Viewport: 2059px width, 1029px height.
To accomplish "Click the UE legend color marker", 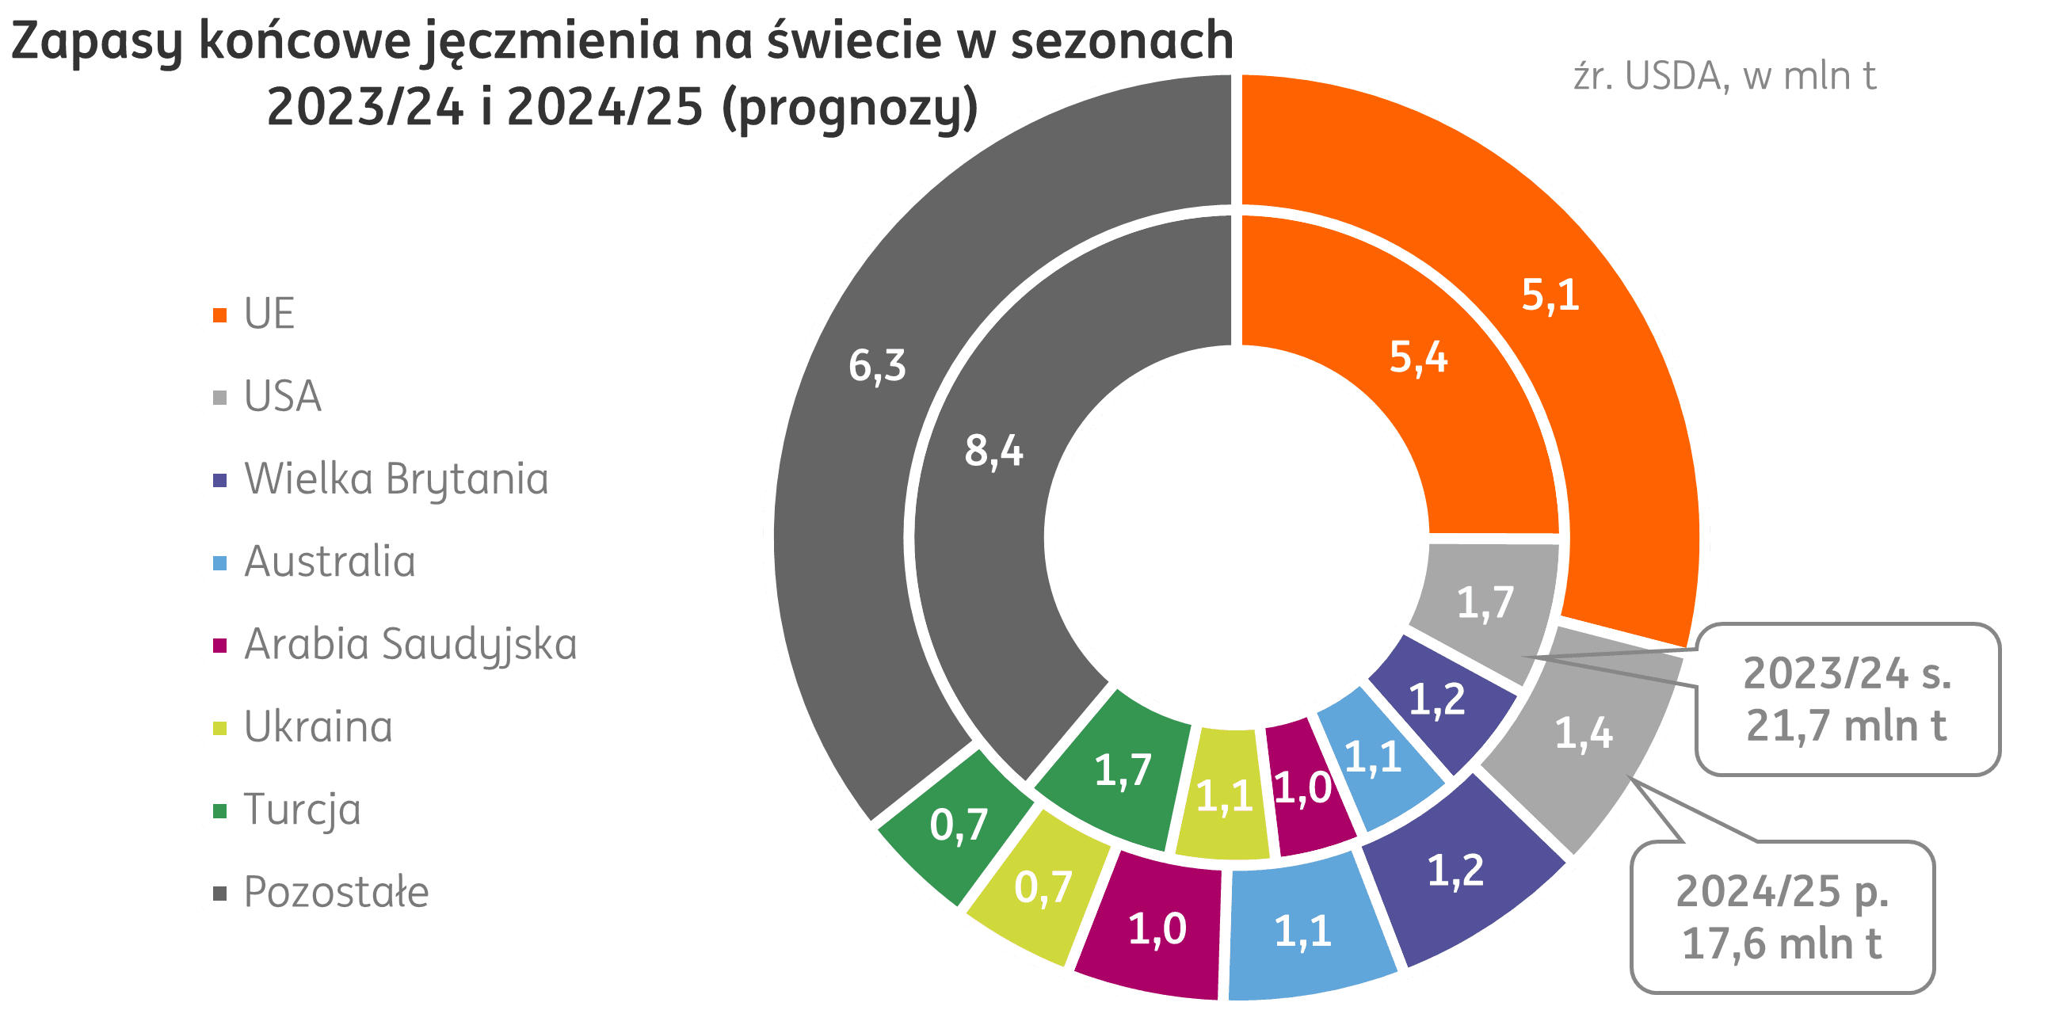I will (219, 314).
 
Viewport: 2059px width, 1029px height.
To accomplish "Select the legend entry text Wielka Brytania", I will (396, 479).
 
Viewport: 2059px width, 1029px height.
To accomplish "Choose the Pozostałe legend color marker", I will (219, 893).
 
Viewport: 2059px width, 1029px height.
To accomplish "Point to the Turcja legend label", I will (303, 810).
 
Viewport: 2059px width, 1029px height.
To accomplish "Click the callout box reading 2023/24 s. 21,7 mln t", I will (1847, 699).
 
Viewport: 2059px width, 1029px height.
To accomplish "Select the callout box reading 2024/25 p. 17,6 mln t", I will (1783, 918).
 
